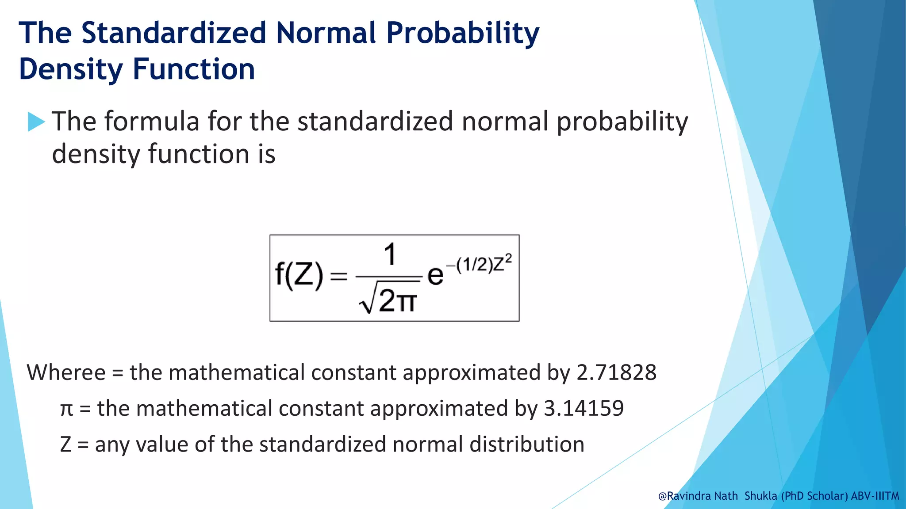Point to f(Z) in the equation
pyautogui.click(x=299, y=276)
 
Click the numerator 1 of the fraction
pyautogui.click(x=389, y=255)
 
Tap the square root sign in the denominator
pyautogui.click(x=367, y=300)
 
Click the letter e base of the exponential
pyautogui.click(x=435, y=276)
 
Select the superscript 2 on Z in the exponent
pyautogui.click(x=509, y=258)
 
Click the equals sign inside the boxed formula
pyautogui.click(x=339, y=277)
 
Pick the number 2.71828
pyautogui.click(x=616, y=372)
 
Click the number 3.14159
pyautogui.click(x=584, y=408)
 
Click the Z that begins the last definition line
pyautogui.click(x=65, y=444)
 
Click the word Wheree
pyautogui.click(x=66, y=372)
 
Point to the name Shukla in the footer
pyautogui.click(x=760, y=496)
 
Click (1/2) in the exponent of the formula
pyautogui.click(x=474, y=265)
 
